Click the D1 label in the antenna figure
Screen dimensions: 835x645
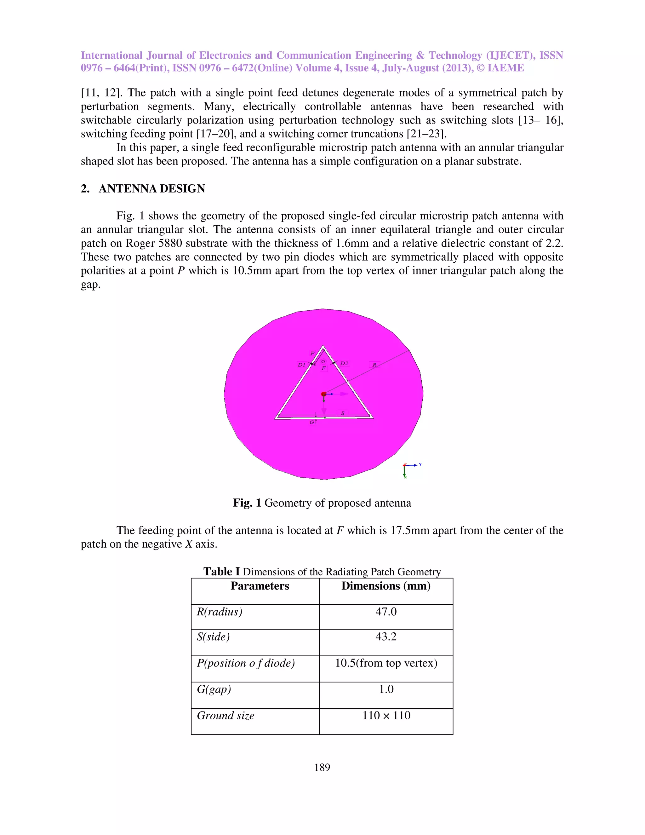coord(301,365)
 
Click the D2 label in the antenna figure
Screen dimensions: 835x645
coord(344,363)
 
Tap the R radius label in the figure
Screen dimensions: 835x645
coord(374,365)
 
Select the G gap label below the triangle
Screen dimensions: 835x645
coord(312,422)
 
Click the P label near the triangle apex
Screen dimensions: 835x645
coord(312,353)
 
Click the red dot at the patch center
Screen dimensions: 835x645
coord(324,394)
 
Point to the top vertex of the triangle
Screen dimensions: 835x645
coord(323,346)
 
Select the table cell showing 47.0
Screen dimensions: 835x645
coord(386,612)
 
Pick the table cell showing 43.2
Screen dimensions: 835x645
coord(386,636)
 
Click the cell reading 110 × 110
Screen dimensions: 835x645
coord(386,715)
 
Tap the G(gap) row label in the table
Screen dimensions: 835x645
coord(214,689)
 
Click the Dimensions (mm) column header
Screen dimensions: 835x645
coord(386,586)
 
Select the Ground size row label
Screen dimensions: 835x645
coord(225,715)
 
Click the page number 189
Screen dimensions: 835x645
coord(322,767)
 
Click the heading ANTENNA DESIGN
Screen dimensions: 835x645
coord(152,188)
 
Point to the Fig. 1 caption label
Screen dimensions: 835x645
coord(247,503)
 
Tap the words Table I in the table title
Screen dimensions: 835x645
coord(221,572)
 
